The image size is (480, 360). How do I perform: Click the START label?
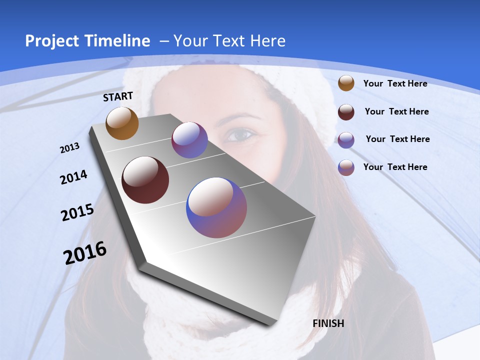[118, 96]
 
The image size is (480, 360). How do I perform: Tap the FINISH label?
[328, 323]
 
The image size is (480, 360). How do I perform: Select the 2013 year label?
[70, 148]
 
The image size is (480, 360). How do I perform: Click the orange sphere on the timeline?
[122, 123]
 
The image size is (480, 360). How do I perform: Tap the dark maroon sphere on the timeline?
[145, 180]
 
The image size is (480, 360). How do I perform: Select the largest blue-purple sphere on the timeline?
[216, 207]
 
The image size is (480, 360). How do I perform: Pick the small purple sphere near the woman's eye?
[189, 140]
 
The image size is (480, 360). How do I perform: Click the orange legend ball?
[346, 83]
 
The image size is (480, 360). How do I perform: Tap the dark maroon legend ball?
[346, 112]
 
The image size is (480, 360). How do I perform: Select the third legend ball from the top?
[346, 140]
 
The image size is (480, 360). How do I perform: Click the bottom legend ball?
[346, 167]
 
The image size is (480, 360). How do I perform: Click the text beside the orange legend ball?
[395, 84]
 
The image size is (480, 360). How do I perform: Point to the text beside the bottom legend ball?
[395, 167]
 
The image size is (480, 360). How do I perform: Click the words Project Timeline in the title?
[87, 41]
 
